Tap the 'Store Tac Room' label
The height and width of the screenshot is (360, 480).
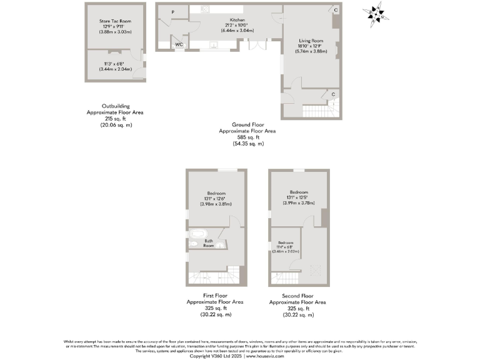(115, 21)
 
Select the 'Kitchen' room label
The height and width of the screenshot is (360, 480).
(229, 20)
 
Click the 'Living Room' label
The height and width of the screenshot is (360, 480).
(311, 41)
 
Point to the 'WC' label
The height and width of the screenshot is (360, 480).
(179, 45)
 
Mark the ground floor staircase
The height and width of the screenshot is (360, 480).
(316, 111)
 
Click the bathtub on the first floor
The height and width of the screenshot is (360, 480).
(194, 241)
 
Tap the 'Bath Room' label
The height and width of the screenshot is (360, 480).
(209, 243)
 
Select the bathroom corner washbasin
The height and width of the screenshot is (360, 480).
(220, 246)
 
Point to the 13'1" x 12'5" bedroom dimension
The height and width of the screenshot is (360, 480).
(298, 197)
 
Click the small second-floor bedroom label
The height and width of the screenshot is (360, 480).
(286, 242)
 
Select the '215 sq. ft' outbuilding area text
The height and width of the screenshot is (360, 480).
(115, 118)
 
